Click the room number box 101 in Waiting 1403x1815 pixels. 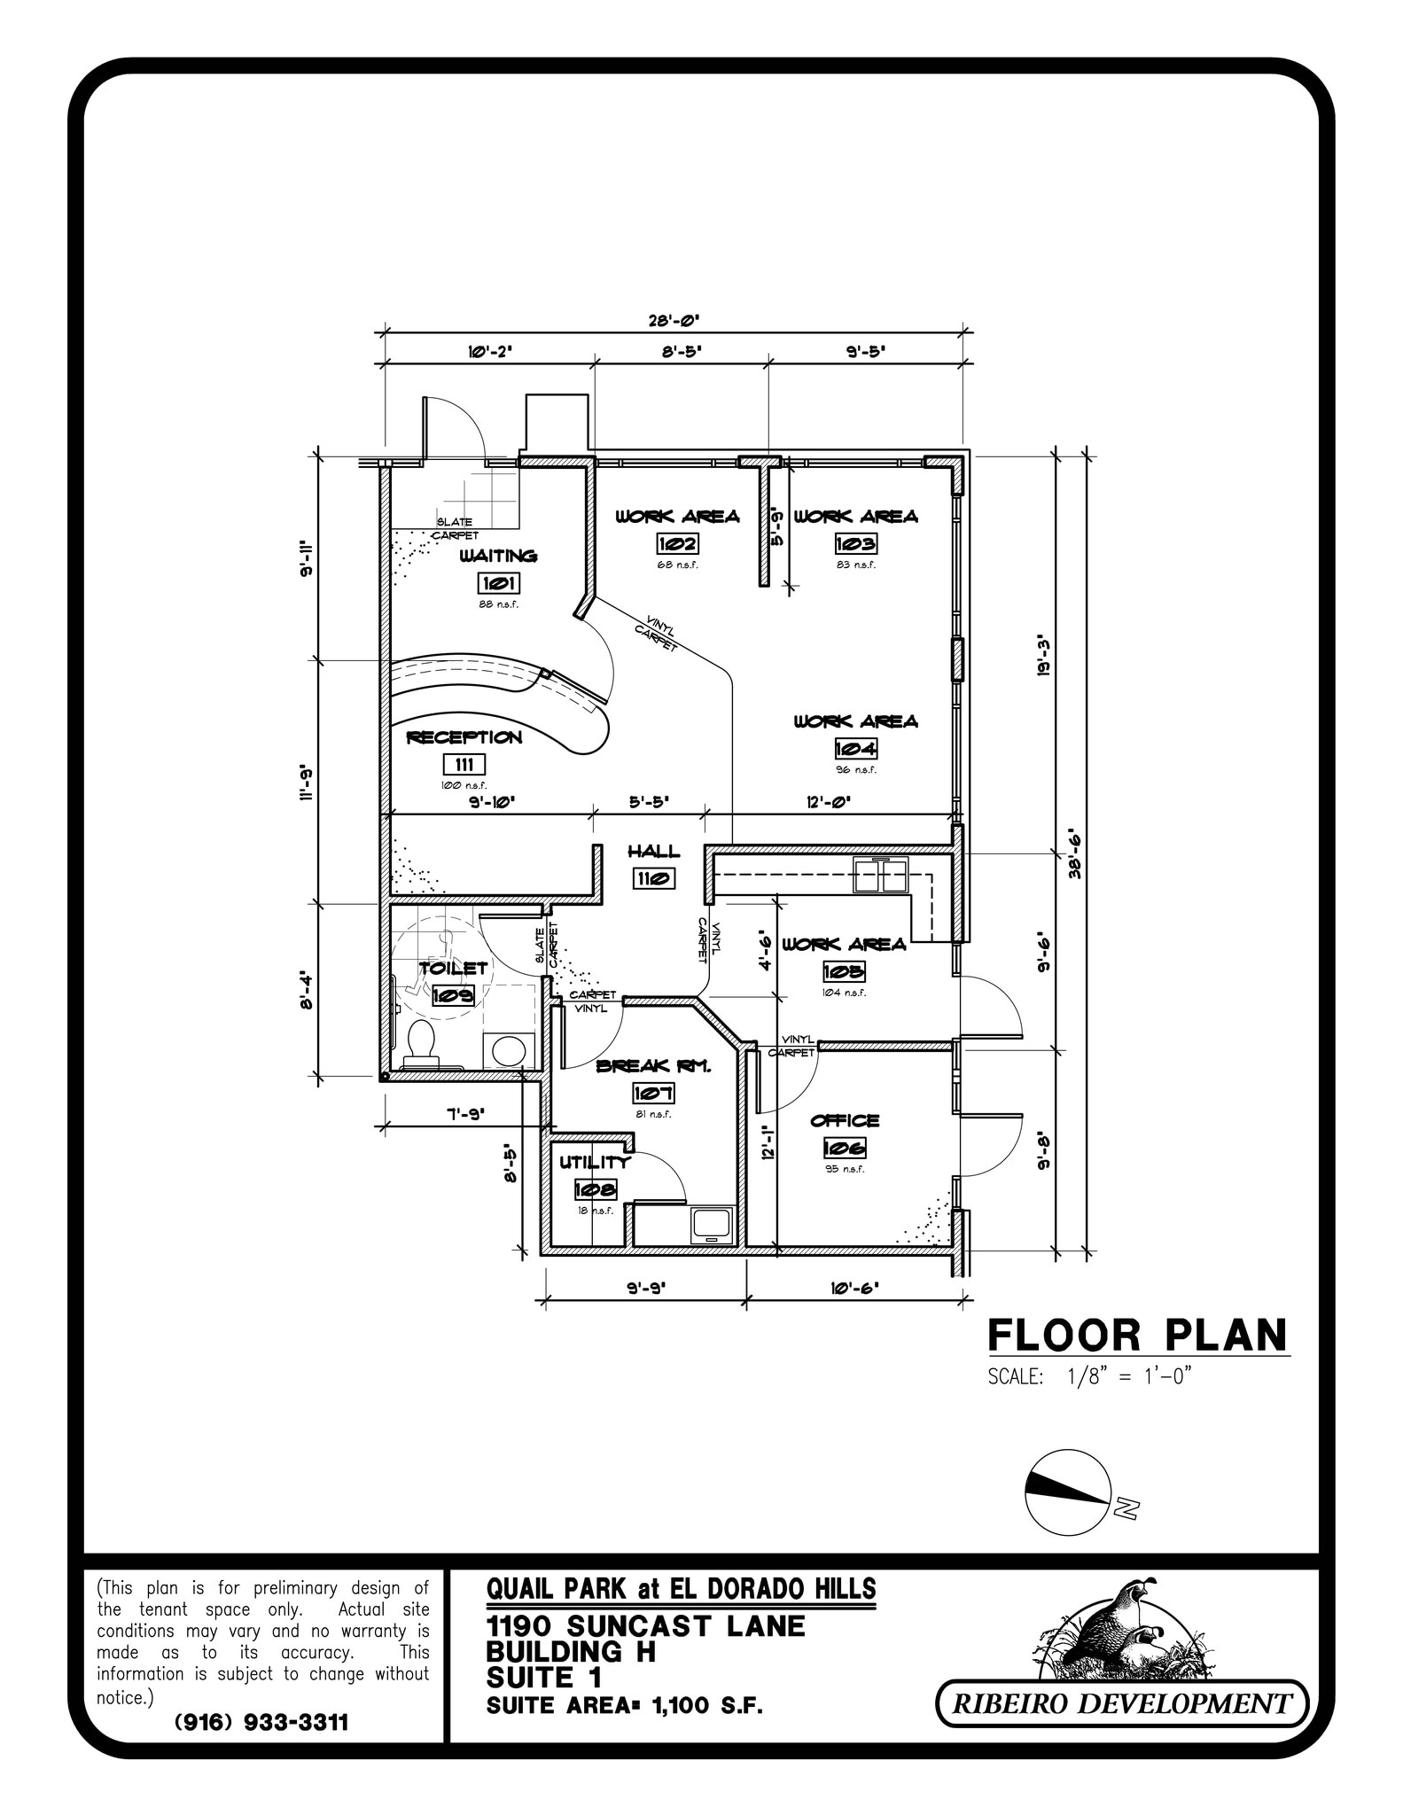click(499, 583)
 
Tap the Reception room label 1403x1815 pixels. click(464, 737)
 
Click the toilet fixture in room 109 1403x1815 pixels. click(420, 1043)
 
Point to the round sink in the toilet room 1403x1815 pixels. click(509, 1050)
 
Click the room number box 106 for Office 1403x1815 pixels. click(845, 1149)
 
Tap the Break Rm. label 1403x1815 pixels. click(653, 1066)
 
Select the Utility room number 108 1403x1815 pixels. click(595, 1189)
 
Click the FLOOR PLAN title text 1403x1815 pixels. click(1137, 1335)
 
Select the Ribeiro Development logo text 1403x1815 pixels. click(1122, 1702)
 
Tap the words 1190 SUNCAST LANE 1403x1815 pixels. click(645, 1626)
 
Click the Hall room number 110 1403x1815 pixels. click(654, 878)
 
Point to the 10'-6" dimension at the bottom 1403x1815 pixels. click(854, 1288)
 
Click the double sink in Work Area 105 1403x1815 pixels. click(880, 876)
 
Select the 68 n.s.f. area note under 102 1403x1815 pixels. click(677, 565)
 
